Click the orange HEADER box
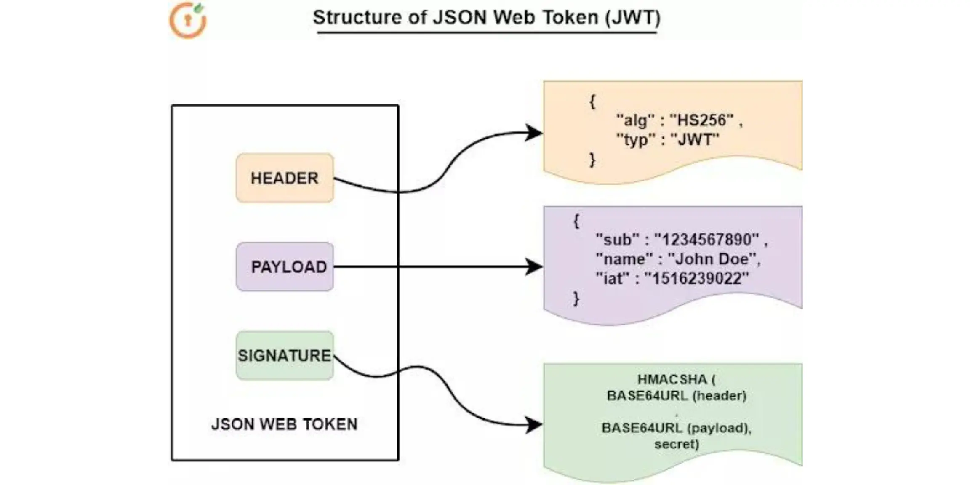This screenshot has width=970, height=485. pos(285,178)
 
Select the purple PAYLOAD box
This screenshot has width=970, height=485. pos(285,266)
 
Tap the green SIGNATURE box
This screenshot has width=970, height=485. pos(285,356)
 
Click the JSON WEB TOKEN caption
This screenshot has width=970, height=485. pos(284,424)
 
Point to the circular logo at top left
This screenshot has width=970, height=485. pos(188,20)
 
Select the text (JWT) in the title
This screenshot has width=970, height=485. pos(633,18)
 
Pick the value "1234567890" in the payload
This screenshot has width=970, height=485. pos(706,240)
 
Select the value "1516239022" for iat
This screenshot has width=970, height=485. pos(697,278)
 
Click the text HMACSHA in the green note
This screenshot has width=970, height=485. pos(672,379)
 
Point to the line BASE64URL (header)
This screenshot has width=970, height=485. pos(676,396)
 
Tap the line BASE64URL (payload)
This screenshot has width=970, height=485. pos(676,428)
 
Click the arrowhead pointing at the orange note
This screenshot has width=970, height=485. pos(534,133)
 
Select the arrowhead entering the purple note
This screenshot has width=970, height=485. pos(534,266)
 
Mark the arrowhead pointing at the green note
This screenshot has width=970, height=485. pos(534,424)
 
